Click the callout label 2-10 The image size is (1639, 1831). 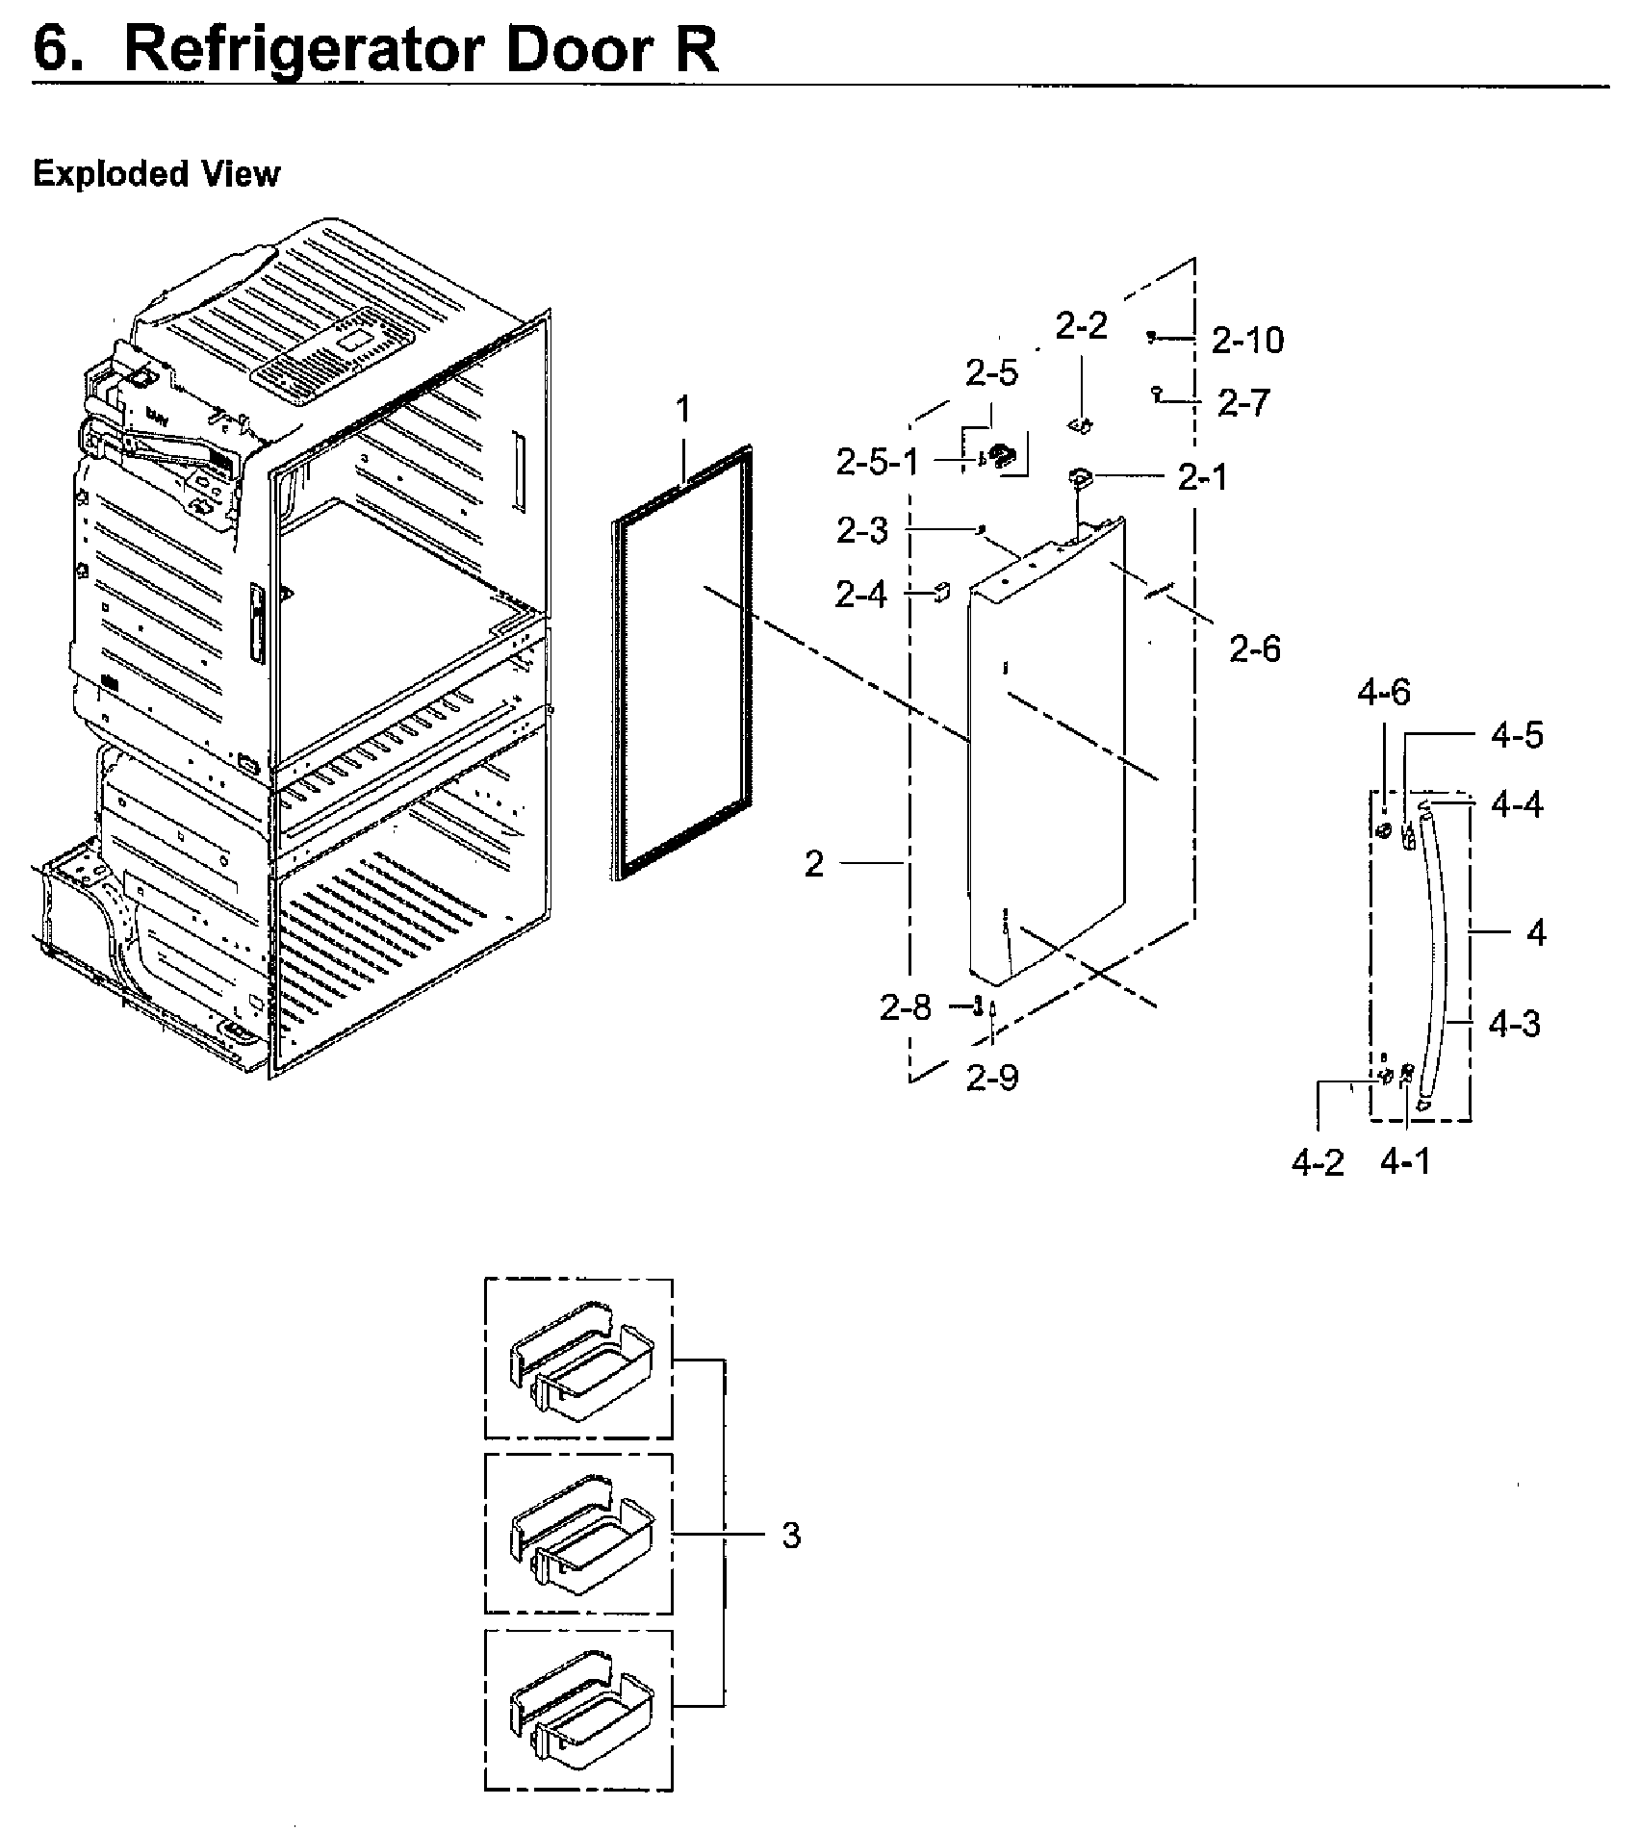pos(1247,341)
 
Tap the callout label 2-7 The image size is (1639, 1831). pos(1243,403)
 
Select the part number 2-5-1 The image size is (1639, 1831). pos(877,463)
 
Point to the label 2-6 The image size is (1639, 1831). pos(1255,649)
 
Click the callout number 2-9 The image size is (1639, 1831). pos(992,1078)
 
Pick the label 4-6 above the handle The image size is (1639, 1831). pos(1384,692)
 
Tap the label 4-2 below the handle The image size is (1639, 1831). pos(1318,1162)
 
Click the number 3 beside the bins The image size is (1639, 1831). pos(790,1537)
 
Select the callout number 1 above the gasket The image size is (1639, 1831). pos(682,411)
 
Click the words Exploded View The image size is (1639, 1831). pos(157,174)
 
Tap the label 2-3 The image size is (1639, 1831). pos(862,531)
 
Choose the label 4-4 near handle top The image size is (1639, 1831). pos(1517,804)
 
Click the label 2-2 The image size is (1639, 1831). pos(1082,327)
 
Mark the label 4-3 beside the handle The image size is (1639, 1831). pos(1514,1024)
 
